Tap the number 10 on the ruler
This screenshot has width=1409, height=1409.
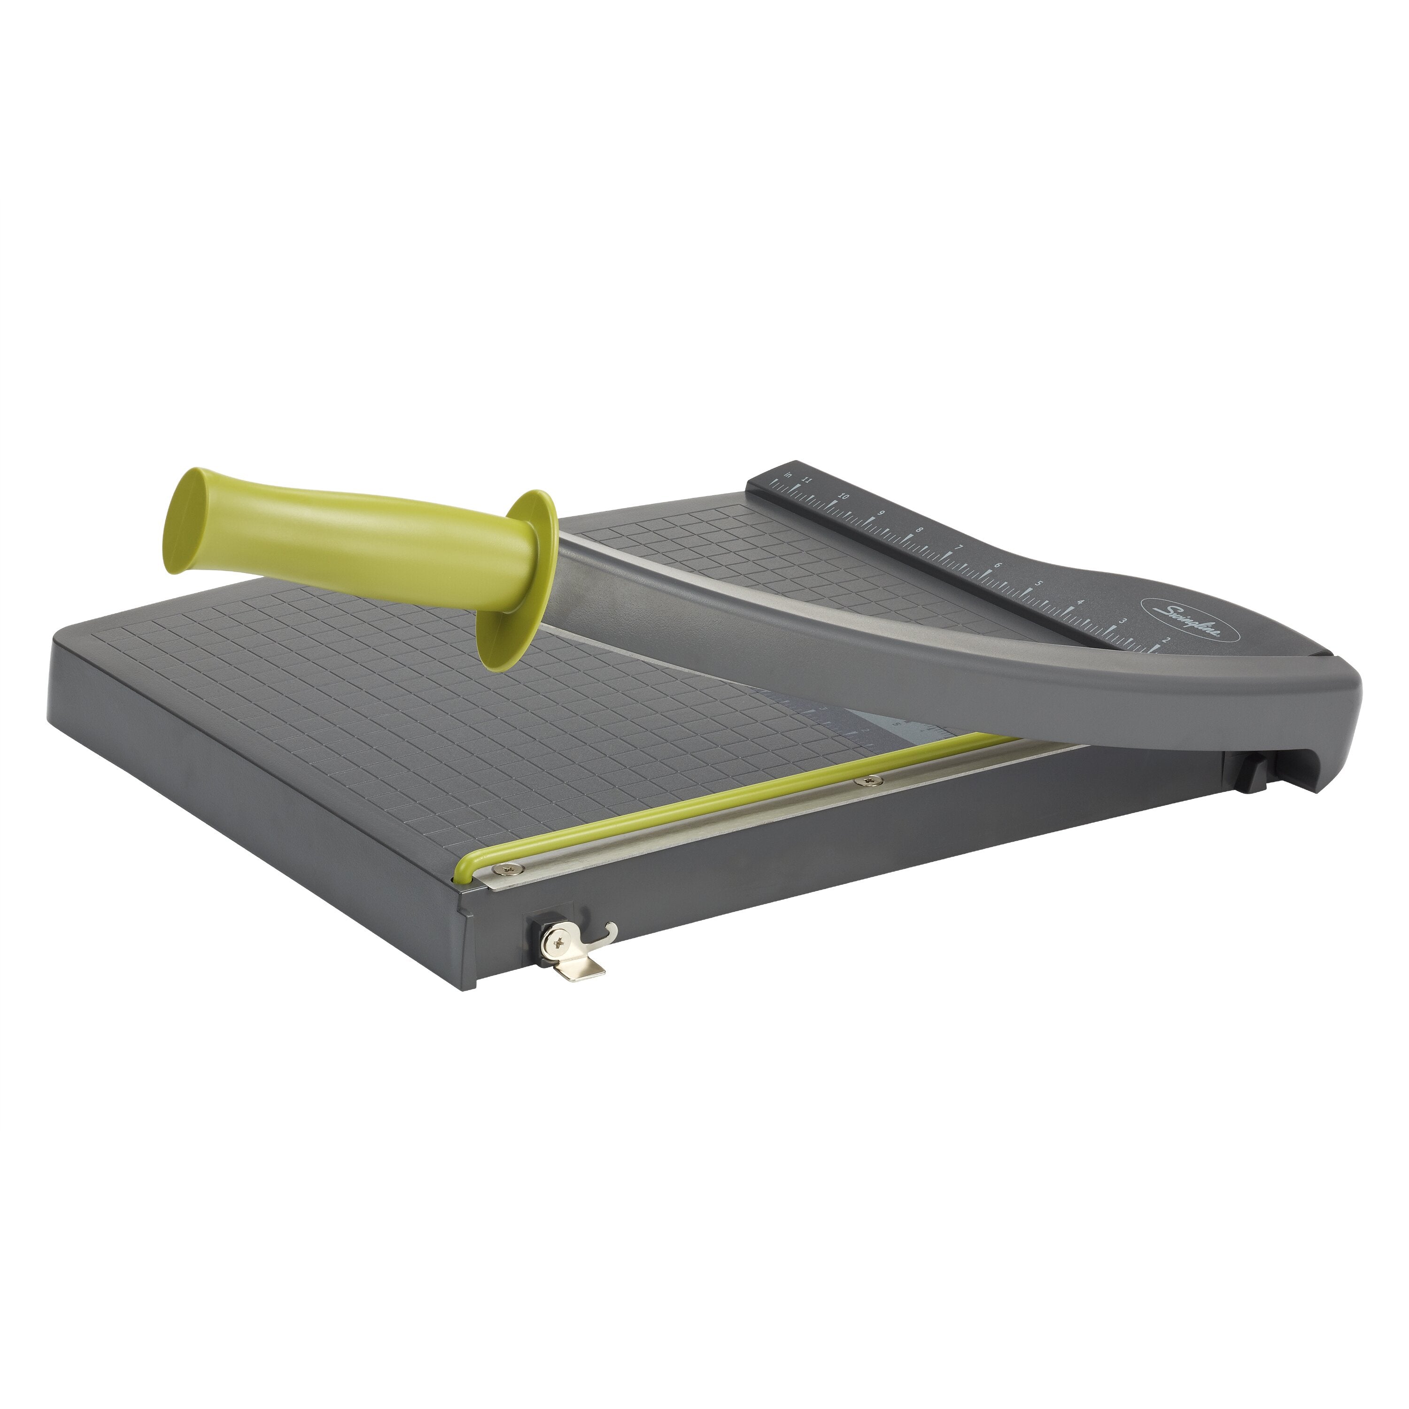[x=844, y=496]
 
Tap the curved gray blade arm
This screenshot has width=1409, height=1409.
[x=948, y=657]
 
